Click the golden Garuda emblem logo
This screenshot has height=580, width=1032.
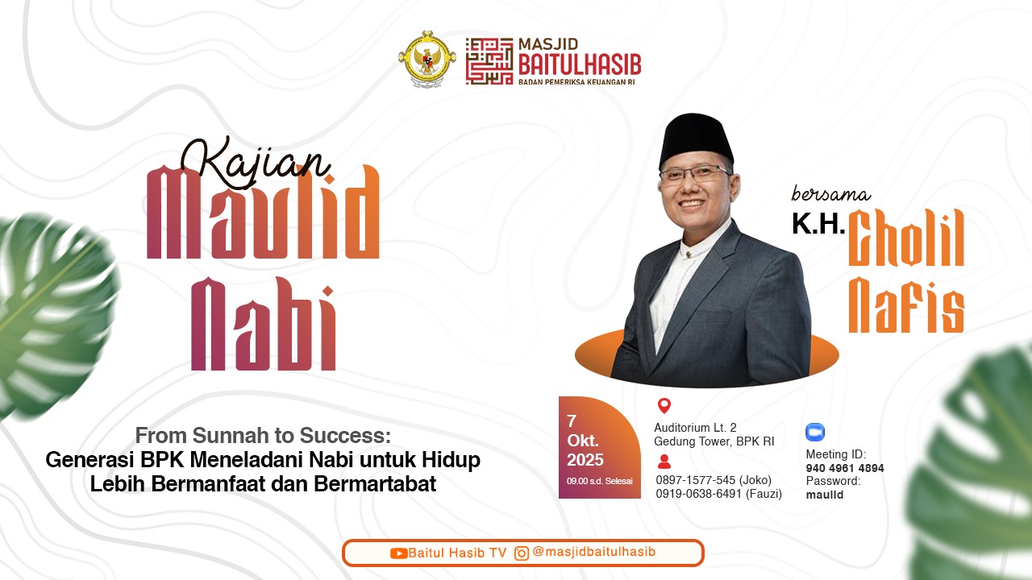(x=427, y=59)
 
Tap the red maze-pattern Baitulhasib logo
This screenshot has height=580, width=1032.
(x=489, y=61)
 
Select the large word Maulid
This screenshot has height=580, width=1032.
(x=263, y=213)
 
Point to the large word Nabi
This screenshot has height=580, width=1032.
(x=263, y=325)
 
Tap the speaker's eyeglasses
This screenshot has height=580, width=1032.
(x=694, y=173)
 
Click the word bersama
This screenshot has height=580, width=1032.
(x=830, y=194)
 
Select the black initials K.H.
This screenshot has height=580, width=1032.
(x=818, y=225)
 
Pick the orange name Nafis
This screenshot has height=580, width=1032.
(x=906, y=305)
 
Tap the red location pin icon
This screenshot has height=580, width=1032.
(x=664, y=406)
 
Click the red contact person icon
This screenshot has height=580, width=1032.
(x=664, y=462)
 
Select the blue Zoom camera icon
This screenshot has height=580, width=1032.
(x=815, y=433)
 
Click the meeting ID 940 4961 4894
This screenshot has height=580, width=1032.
(x=845, y=468)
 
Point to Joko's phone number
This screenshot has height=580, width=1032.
(x=714, y=480)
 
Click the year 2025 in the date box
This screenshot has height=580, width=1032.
(x=585, y=460)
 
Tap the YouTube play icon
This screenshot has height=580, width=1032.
(x=398, y=553)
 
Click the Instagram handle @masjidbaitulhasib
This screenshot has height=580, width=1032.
(x=593, y=552)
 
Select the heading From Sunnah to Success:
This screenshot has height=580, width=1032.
(x=263, y=437)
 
